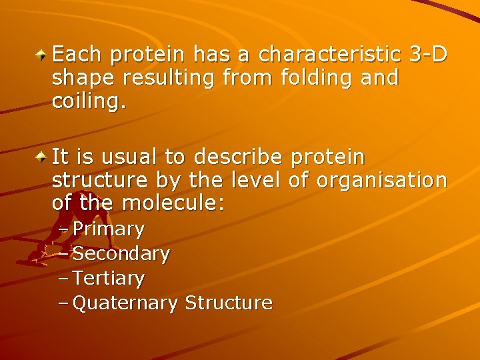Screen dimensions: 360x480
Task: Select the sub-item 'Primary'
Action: pyautogui.click(x=108, y=230)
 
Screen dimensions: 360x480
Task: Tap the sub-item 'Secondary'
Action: pyautogui.click(x=121, y=253)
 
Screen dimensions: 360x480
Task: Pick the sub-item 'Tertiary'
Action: pyautogui.click(x=108, y=278)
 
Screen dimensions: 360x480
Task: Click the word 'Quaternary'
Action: pyautogui.click(x=125, y=303)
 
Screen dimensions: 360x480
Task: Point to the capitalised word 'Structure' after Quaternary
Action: pyautogui.click(x=229, y=303)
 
